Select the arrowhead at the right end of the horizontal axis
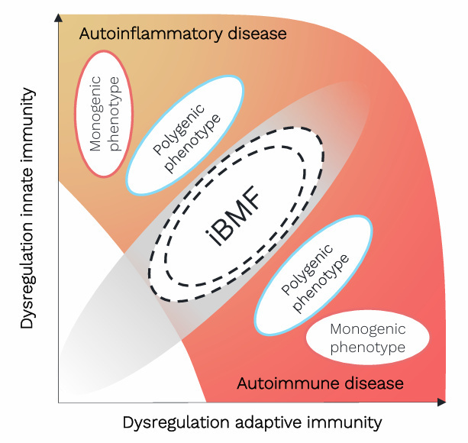(x=442, y=401)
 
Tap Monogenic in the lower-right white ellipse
(x=369, y=329)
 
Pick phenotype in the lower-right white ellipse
(x=369, y=348)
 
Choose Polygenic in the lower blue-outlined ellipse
(x=306, y=270)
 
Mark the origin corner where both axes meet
(x=59, y=402)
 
